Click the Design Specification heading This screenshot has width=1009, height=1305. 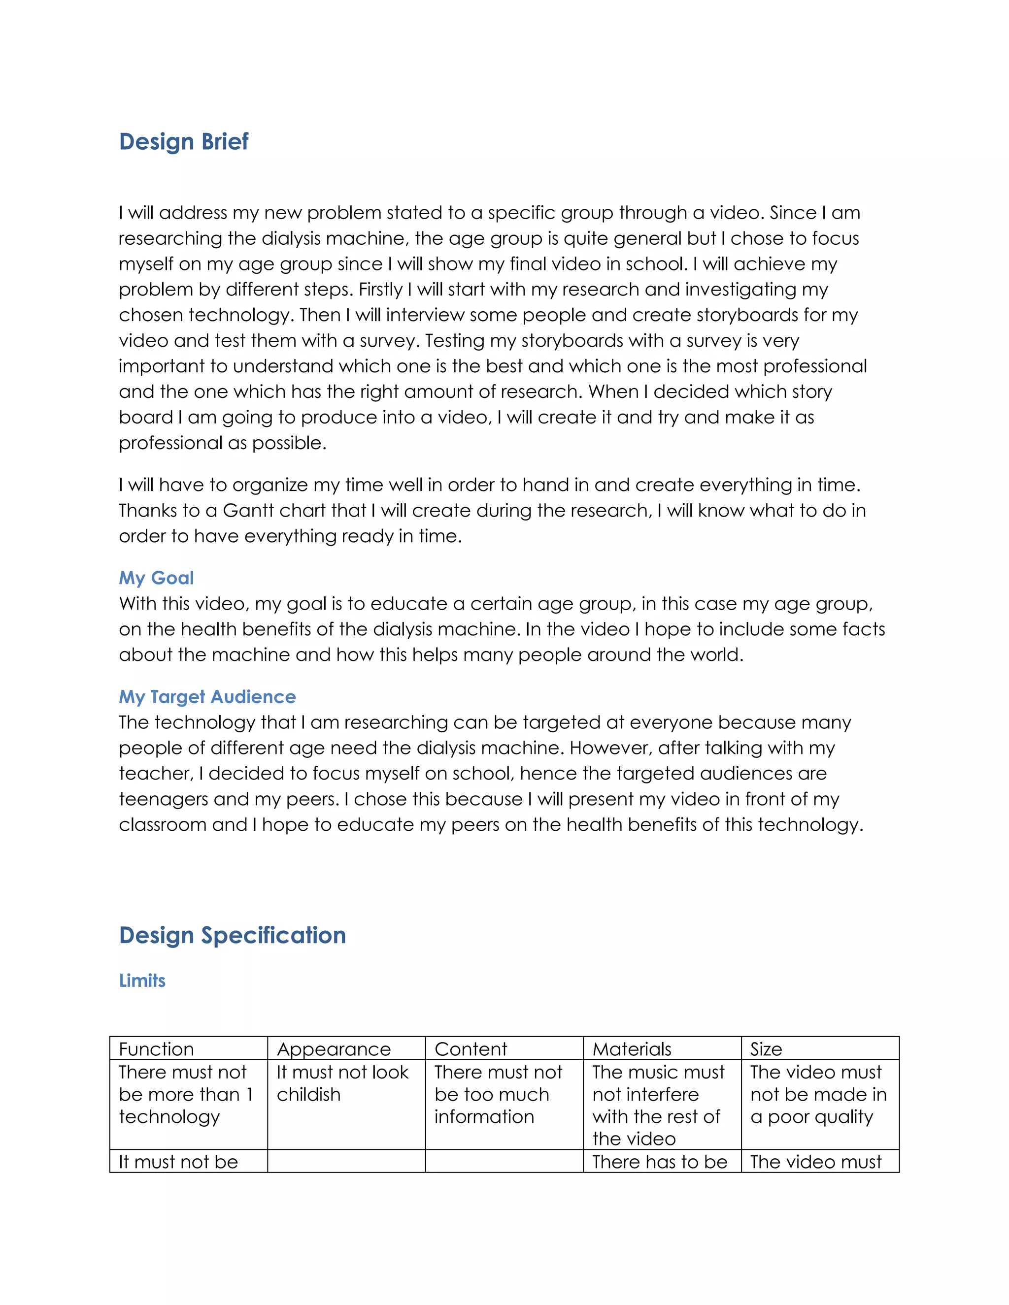click(232, 935)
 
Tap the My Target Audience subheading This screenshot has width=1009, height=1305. click(207, 697)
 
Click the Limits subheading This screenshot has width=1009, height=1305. click(142, 980)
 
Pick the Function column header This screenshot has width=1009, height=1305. click(157, 1049)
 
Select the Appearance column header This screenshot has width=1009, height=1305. click(334, 1049)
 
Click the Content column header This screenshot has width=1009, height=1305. click(471, 1049)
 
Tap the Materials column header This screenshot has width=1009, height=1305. click(632, 1049)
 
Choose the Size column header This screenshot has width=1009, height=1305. click(766, 1049)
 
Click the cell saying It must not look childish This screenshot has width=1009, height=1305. click(342, 1083)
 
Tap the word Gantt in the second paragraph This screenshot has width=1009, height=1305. click(247, 511)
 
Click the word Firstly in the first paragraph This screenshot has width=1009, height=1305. click(381, 290)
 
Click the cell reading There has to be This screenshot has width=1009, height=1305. click(659, 1162)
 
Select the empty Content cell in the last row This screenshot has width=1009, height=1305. click(504, 1161)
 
